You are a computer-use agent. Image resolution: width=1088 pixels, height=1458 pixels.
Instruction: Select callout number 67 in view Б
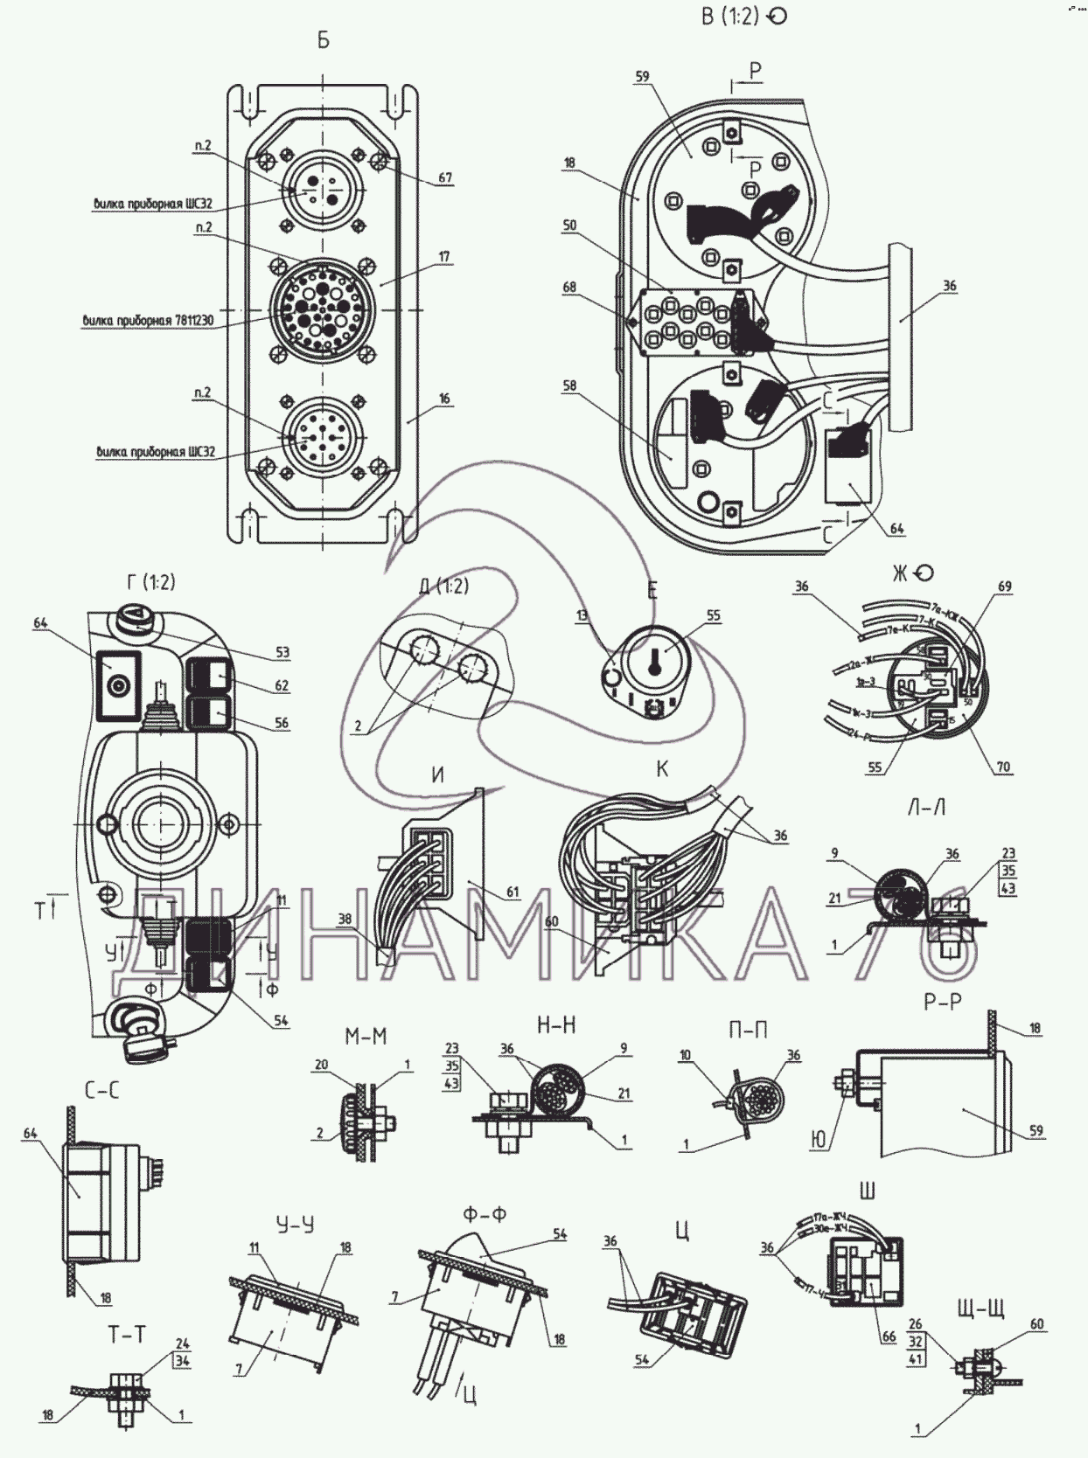tap(445, 177)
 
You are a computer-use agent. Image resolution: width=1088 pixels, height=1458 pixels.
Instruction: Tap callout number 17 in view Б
tap(444, 257)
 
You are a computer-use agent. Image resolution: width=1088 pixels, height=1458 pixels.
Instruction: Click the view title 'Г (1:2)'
tap(150, 582)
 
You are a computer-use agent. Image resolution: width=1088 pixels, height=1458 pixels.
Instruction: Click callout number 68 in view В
tap(569, 287)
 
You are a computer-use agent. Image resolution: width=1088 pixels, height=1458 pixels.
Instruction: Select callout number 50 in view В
tap(569, 226)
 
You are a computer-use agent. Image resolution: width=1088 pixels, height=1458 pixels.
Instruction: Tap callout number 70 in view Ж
tap(1003, 767)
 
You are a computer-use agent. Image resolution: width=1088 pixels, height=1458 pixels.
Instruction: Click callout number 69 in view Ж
tap(1005, 587)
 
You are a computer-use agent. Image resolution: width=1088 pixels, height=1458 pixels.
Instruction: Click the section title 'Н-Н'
tap(556, 1024)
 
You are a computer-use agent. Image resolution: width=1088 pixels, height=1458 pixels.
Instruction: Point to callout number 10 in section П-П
tap(686, 1056)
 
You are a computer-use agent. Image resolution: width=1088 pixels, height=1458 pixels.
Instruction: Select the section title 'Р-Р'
tap(943, 1002)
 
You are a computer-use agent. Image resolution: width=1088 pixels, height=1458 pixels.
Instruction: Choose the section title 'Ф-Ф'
tap(485, 1214)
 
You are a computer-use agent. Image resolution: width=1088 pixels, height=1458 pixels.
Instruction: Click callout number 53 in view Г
tap(282, 652)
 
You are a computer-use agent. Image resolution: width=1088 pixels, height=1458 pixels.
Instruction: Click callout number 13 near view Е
tap(583, 616)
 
